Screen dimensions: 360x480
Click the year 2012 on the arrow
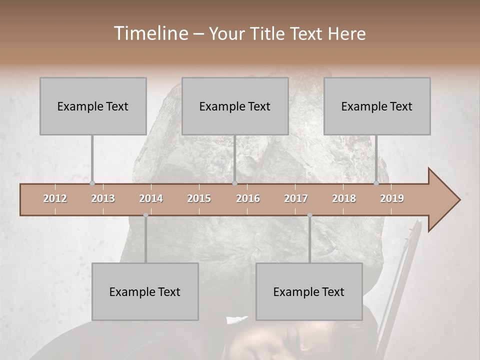tap(55, 198)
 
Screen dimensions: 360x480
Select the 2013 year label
tap(103, 198)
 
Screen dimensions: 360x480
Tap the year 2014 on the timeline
tap(151, 198)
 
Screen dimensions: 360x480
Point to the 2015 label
tap(199, 198)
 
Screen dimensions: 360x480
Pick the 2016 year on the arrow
tap(248, 198)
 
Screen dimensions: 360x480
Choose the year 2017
tap(296, 198)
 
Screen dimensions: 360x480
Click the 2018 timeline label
tap(344, 198)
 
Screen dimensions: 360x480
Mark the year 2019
tap(392, 198)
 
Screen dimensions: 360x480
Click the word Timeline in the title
tap(150, 33)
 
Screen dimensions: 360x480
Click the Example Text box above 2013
tap(93, 106)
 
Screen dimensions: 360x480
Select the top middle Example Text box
tap(235, 106)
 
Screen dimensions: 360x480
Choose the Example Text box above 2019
tap(377, 106)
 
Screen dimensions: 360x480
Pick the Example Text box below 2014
tap(145, 291)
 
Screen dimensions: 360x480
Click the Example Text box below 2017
tap(309, 291)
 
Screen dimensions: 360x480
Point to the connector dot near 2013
tap(92, 183)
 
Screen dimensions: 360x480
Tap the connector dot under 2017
tap(309, 215)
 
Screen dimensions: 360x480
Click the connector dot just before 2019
tap(376, 183)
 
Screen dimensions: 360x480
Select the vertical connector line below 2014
tap(145, 240)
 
